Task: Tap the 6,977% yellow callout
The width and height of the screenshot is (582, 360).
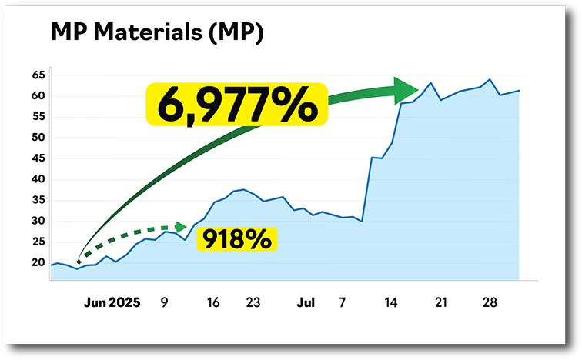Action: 236,105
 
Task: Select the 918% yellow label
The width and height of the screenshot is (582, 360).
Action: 236,238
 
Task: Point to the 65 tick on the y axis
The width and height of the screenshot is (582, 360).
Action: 38,75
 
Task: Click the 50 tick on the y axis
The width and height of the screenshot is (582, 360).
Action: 38,138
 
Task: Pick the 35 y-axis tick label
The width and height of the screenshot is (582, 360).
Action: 38,200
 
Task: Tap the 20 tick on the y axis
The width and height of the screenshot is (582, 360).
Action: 38,263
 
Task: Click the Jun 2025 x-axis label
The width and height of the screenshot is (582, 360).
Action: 112,303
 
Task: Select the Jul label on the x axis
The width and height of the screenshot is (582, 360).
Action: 306,303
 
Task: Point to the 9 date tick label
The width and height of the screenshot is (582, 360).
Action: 164,303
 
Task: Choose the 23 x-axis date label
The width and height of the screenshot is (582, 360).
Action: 253,303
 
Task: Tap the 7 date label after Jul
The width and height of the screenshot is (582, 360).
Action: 342,303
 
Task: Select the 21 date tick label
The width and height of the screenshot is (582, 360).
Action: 440,303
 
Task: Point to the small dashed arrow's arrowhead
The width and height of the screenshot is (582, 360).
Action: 182,227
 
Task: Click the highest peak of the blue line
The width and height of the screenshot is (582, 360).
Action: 490,79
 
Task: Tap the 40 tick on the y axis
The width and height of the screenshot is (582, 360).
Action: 38,179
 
